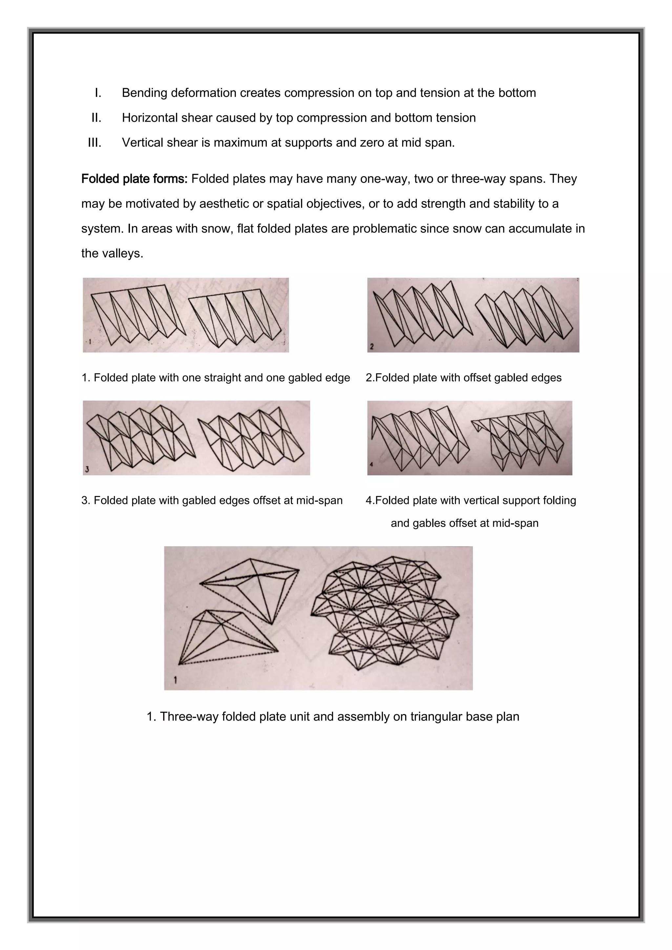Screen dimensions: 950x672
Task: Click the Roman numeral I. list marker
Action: pyautogui.click(x=98, y=93)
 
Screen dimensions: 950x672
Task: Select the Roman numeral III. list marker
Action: pyautogui.click(x=94, y=143)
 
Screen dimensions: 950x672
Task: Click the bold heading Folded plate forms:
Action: pyautogui.click(x=134, y=179)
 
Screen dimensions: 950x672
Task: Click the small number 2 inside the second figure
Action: pyautogui.click(x=371, y=347)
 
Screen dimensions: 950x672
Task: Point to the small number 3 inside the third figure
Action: pyautogui.click(x=87, y=469)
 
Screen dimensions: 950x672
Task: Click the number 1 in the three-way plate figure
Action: pyautogui.click(x=176, y=680)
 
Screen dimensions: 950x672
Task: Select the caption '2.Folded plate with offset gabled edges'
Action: pyautogui.click(x=463, y=378)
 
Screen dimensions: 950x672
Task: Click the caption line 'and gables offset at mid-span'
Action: pyautogui.click(x=464, y=524)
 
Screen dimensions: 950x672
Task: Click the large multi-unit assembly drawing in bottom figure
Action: pyautogui.click(x=385, y=614)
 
